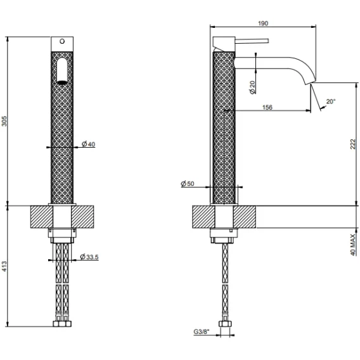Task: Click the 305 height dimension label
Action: tap(4, 121)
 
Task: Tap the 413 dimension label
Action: tap(4, 266)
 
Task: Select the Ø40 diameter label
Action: tap(88, 144)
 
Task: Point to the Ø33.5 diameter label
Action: tap(89, 257)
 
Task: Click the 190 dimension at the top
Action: tap(263, 23)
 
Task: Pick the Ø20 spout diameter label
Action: tap(252, 87)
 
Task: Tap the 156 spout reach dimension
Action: tap(267, 107)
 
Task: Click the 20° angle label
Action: tap(331, 101)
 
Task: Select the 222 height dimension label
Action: tap(353, 145)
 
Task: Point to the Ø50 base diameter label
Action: tap(188, 184)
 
